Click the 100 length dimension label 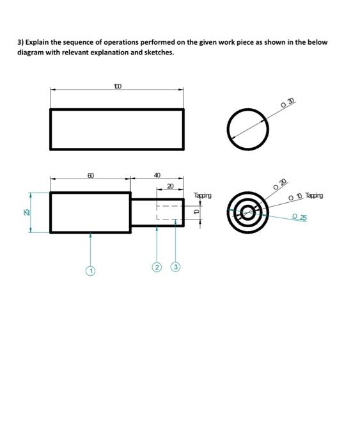point(118,85)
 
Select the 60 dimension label point(91,175)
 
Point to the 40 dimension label point(158,175)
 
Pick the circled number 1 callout point(91,271)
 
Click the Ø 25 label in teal point(299,217)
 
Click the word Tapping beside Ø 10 point(315,196)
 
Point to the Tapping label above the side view point(203,195)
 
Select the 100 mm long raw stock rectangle point(117,129)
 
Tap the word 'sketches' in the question point(158,52)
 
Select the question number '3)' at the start point(20,42)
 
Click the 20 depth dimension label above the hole point(170,186)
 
